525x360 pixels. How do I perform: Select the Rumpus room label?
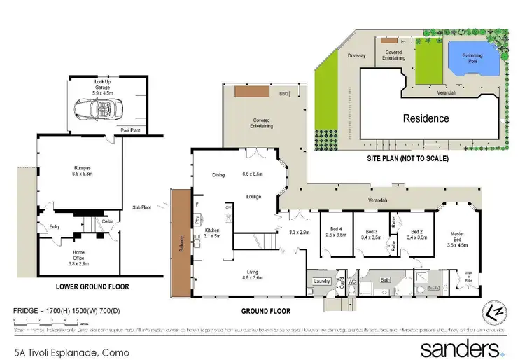point(83,168)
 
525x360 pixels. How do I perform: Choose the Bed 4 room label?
point(336,231)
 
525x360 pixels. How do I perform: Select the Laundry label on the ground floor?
point(322,281)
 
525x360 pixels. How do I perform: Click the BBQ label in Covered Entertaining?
point(283,92)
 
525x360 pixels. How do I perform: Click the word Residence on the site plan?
point(426,118)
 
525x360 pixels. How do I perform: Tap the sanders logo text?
point(459,348)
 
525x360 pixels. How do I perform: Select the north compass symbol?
point(495,313)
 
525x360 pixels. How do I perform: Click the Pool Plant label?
point(129,130)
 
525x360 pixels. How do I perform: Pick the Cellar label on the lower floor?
point(108,221)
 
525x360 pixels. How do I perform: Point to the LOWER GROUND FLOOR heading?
point(92,286)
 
